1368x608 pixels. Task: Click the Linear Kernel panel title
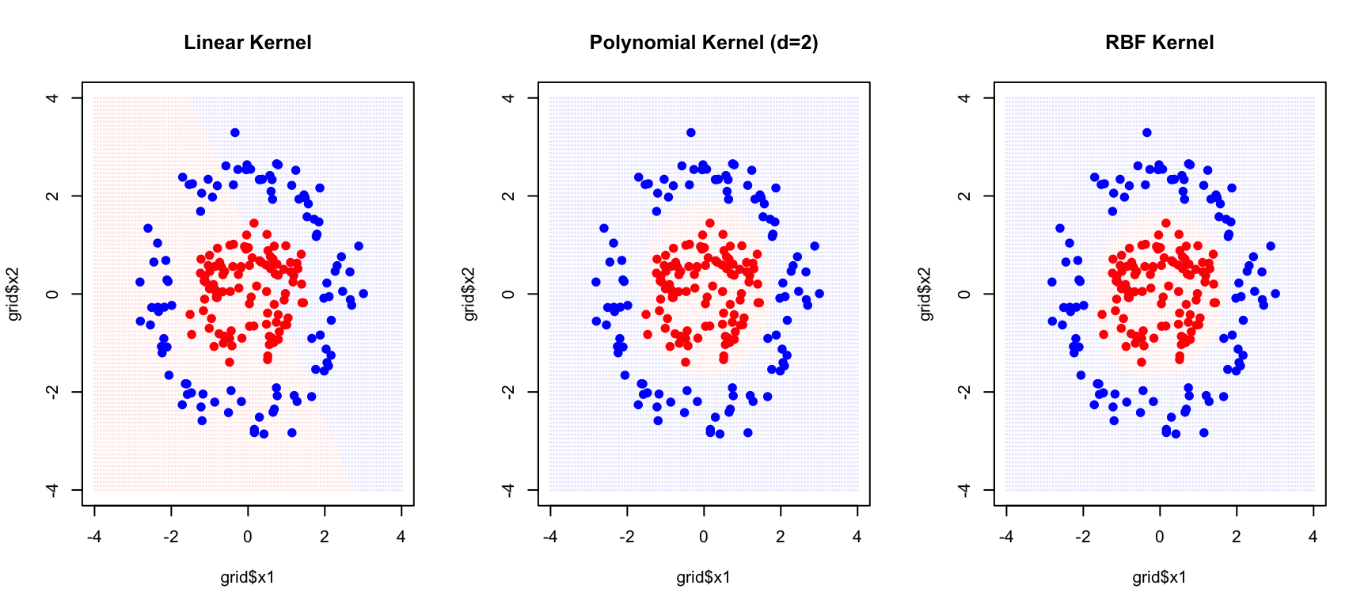[x=247, y=43]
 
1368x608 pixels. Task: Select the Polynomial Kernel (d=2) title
[x=703, y=43]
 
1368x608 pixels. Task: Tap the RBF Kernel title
[x=1159, y=43]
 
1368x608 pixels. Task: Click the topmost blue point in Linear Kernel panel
[x=235, y=133]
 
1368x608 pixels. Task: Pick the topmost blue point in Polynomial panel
[x=691, y=133]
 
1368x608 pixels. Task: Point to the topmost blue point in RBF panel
[x=1147, y=133]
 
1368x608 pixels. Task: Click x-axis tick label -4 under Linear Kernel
[x=94, y=537]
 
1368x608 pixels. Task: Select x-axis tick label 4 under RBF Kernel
[x=1313, y=537]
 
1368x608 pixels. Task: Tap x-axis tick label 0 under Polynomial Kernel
[x=704, y=537]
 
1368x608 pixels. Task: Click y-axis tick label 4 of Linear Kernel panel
[x=52, y=98]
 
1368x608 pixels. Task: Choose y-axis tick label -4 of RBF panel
[x=964, y=491]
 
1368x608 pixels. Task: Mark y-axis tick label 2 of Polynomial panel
[x=508, y=196]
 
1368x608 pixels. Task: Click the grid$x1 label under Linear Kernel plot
[x=247, y=577]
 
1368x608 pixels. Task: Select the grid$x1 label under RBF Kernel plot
[x=1159, y=577]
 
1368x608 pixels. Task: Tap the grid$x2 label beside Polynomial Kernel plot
[x=469, y=294]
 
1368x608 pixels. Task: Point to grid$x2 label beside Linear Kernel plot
[x=13, y=294]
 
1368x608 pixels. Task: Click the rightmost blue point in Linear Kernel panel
[x=363, y=294]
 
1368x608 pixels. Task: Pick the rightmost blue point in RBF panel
[x=1275, y=294]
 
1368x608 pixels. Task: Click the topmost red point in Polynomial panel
[x=710, y=223]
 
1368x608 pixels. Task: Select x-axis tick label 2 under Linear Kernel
[x=325, y=537]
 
